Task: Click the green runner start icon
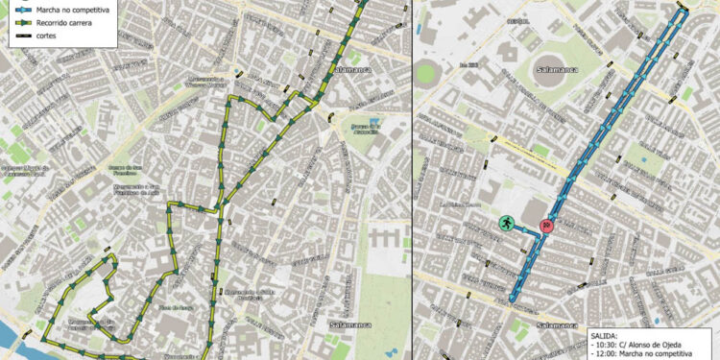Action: (x=506, y=224)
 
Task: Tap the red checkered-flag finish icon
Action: (x=546, y=225)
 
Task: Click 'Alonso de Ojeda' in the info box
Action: (x=666, y=346)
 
